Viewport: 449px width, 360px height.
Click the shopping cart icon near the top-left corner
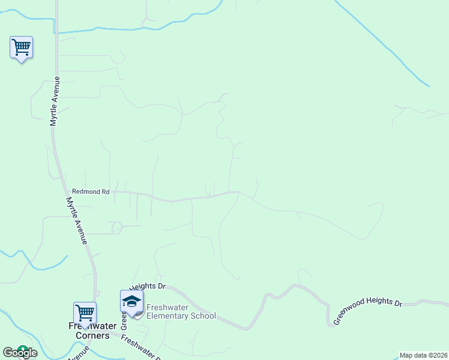point(22,47)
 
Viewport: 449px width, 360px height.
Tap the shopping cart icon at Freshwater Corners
point(85,313)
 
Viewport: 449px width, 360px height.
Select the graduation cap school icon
point(131,301)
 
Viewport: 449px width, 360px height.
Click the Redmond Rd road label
point(91,191)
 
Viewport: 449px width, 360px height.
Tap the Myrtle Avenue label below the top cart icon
point(55,101)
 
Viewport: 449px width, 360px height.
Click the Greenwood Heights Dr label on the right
point(367,310)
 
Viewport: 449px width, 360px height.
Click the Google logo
point(20,353)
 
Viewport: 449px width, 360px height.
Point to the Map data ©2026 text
point(424,355)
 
